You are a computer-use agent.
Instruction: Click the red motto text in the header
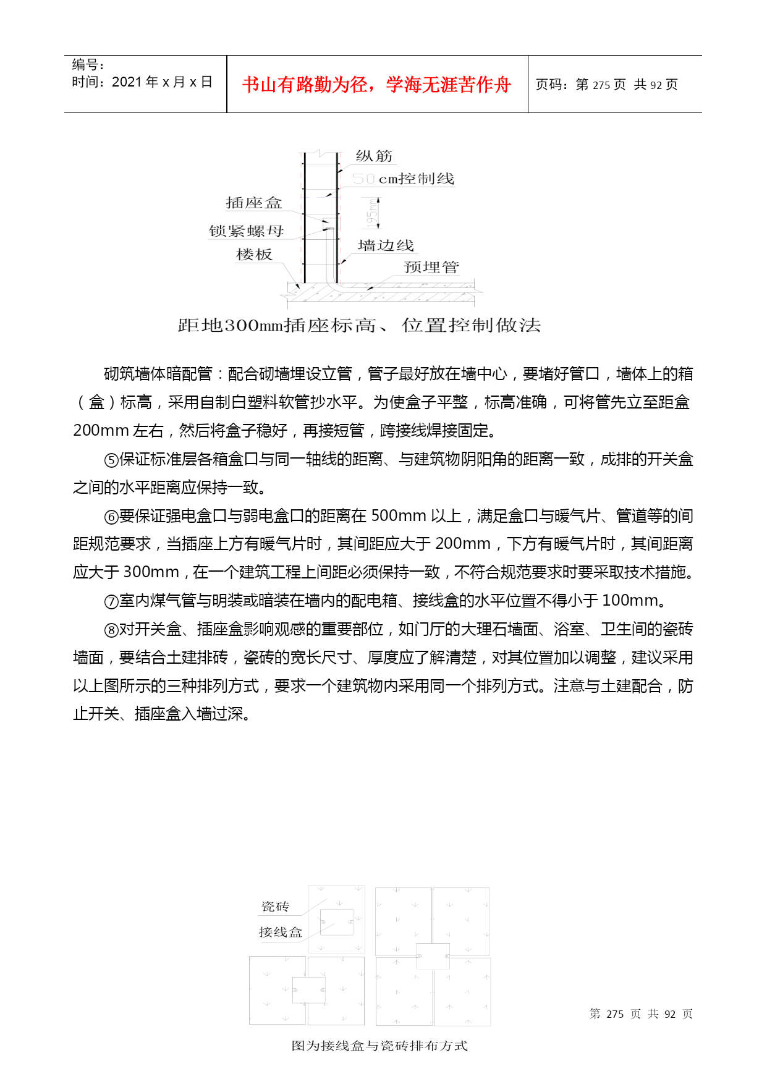[x=376, y=85]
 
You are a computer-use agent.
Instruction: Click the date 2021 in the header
[x=127, y=82]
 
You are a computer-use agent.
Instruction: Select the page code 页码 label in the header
[x=551, y=85]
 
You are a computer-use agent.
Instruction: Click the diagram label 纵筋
[x=374, y=156]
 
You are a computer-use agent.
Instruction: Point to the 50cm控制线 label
[x=404, y=179]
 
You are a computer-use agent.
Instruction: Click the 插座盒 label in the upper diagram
[x=253, y=203]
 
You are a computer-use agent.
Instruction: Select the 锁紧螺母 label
[x=246, y=231]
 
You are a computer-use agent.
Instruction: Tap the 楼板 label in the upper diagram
[x=254, y=255]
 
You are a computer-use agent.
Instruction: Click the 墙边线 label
[x=386, y=245]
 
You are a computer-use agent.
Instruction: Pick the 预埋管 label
[x=431, y=267]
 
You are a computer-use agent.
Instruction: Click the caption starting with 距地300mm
[x=359, y=325]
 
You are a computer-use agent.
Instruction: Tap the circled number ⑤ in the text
[x=111, y=460]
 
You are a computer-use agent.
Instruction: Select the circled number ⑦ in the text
[x=111, y=601]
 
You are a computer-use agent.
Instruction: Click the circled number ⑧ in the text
[x=111, y=630]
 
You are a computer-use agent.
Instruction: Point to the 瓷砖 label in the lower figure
[x=275, y=907]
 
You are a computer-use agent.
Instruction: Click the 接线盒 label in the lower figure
[x=281, y=932]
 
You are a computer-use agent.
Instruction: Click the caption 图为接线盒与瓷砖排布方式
[x=379, y=1046]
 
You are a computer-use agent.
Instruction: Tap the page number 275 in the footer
[x=615, y=1014]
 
